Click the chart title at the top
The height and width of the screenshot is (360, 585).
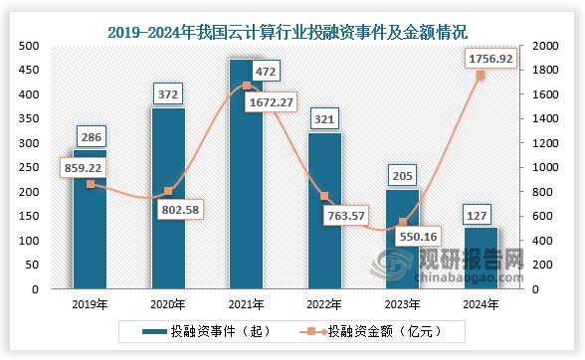click(292, 18)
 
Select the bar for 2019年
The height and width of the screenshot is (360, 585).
click(90, 239)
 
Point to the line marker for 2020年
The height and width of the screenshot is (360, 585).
click(167, 192)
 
